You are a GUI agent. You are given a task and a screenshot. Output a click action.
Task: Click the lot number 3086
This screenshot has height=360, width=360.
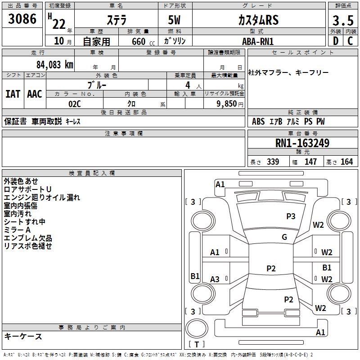(22, 19)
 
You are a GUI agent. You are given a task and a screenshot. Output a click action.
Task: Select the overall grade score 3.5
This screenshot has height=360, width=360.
(342, 21)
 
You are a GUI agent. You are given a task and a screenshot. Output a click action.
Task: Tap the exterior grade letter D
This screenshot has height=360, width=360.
(335, 40)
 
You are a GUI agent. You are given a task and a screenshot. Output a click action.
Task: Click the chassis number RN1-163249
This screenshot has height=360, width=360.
(302, 144)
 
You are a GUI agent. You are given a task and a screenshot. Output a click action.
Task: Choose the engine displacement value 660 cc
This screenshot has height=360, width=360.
(137, 41)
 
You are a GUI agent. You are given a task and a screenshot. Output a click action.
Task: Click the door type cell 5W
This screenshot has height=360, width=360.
(175, 20)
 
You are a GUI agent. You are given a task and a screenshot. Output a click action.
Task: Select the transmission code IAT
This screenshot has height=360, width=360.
(13, 94)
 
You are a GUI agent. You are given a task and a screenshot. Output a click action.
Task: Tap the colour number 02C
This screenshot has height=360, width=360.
(74, 103)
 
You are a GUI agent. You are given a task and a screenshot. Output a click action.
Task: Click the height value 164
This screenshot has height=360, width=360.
(346, 162)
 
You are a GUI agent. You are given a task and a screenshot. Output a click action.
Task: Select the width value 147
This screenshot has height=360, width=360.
(310, 162)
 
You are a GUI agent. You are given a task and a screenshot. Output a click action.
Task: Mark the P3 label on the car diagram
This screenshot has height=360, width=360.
(291, 216)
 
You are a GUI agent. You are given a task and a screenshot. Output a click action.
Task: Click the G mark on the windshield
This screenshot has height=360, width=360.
(284, 237)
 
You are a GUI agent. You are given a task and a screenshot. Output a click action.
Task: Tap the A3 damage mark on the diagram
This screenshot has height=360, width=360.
(215, 279)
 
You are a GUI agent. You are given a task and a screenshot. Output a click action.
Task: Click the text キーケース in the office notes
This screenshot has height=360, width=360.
(23, 336)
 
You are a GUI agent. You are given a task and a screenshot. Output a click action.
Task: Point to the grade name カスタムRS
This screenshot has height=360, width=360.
(258, 20)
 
